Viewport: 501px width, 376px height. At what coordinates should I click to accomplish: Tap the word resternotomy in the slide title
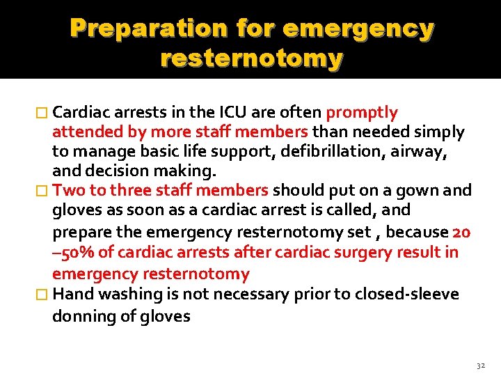[x=251, y=58]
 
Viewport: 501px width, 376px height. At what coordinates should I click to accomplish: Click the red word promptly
[x=362, y=113]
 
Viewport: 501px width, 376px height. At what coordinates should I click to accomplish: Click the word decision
[x=113, y=171]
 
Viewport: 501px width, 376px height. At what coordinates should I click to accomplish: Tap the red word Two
[x=67, y=190]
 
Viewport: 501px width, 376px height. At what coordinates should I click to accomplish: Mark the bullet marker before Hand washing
[x=44, y=295]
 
